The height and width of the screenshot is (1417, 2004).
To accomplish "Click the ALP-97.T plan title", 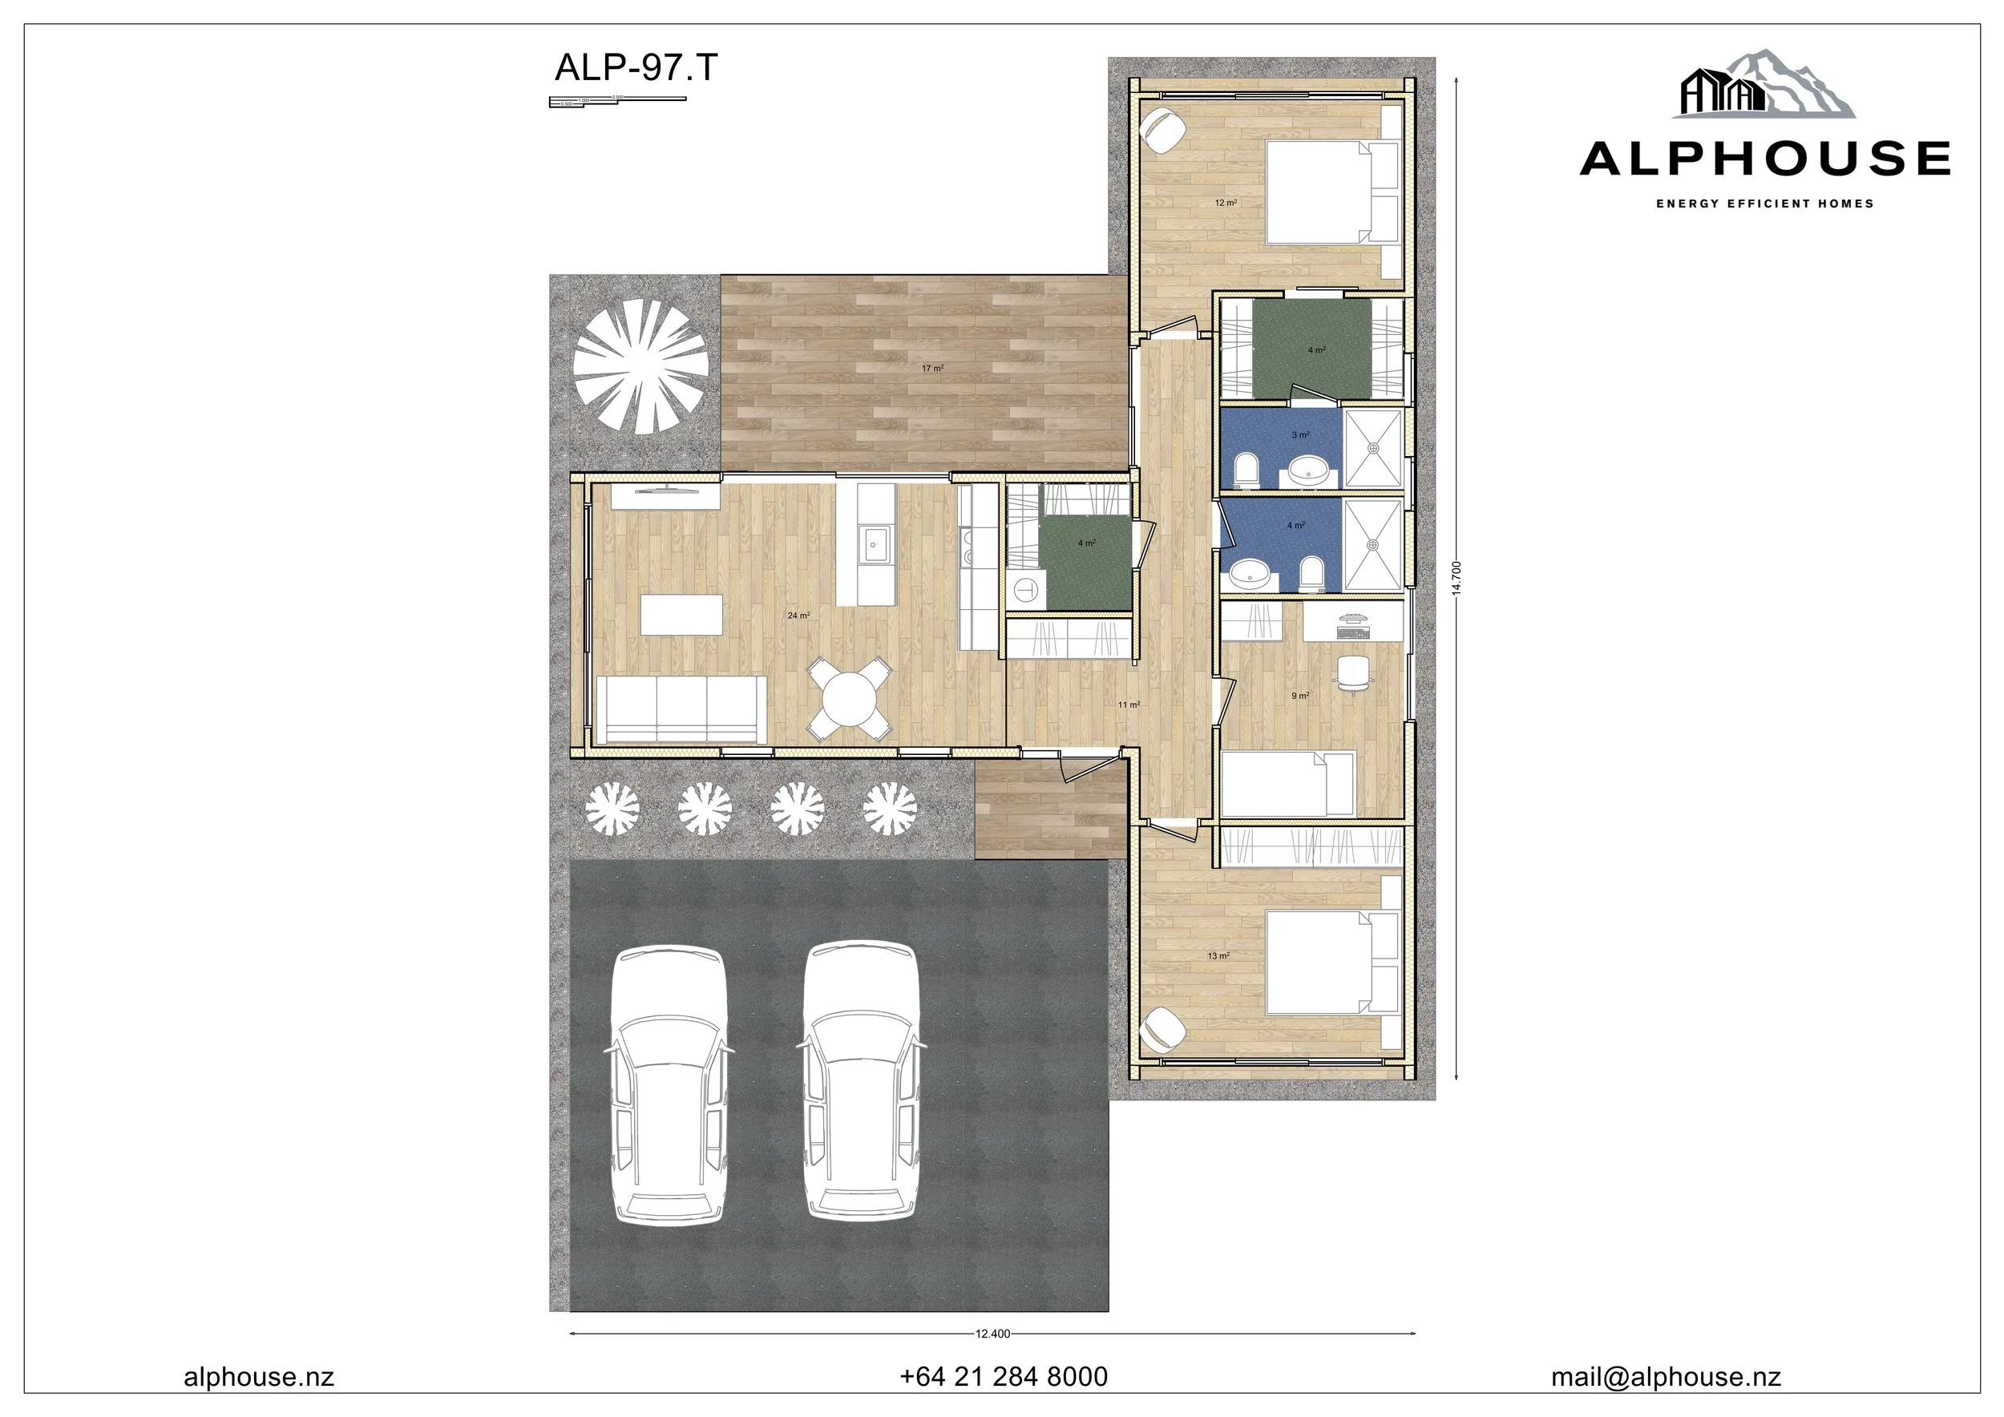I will pyautogui.click(x=636, y=67).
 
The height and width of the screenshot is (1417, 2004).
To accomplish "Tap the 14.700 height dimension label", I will pyautogui.click(x=1456, y=578).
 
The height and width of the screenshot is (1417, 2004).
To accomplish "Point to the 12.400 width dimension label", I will pyautogui.click(x=992, y=1333).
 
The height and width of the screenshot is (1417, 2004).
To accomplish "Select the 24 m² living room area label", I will pyautogui.click(x=798, y=616).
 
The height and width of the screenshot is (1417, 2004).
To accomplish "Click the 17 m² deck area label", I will pyautogui.click(x=932, y=368).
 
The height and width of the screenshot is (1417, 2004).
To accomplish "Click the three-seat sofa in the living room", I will pyautogui.click(x=681, y=709).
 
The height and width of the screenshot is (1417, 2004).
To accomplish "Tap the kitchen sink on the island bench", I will pyautogui.click(x=873, y=544).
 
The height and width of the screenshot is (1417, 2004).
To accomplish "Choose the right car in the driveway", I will pyautogui.click(x=862, y=1082).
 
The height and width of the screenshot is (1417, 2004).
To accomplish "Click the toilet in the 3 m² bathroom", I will pyautogui.click(x=1246, y=470).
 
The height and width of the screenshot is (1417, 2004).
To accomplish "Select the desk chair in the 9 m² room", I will pyautogui.click(x=1352, y=672).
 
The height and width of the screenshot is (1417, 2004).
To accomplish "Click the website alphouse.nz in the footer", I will pyautogui.click(x=258, y=1377).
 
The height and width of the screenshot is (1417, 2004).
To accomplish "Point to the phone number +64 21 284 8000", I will pyautogui.click(x=1004, y=1377).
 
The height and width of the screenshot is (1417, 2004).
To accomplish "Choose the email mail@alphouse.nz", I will pyautogui.click(x=1666, y=1377).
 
